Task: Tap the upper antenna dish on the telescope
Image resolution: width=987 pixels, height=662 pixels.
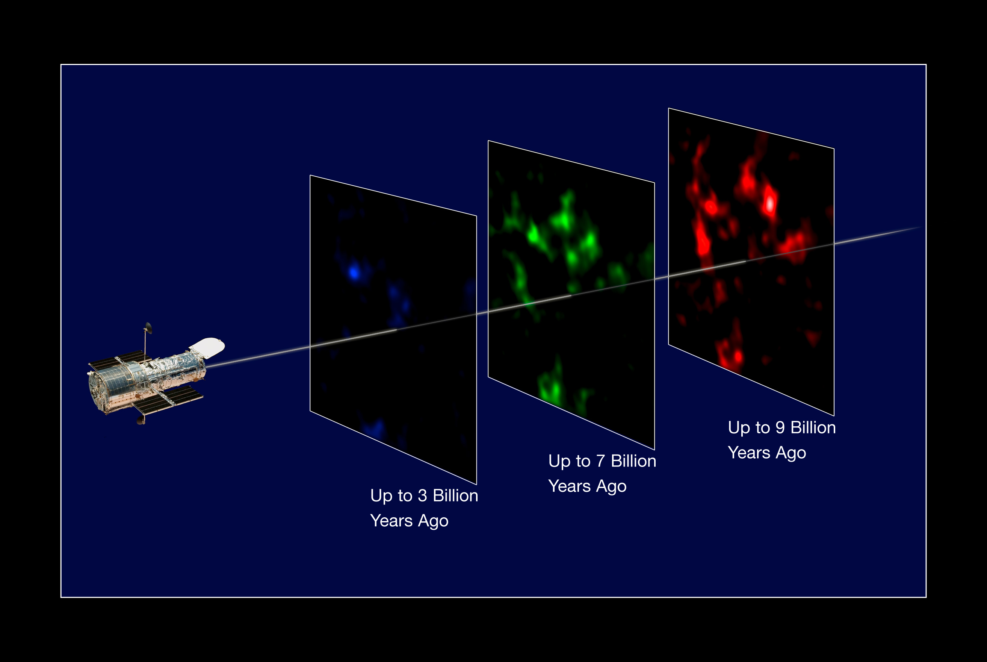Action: point(148,328)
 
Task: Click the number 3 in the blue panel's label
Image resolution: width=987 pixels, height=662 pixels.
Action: point(422,496)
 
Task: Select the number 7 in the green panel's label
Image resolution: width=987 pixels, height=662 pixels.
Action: point(600,461)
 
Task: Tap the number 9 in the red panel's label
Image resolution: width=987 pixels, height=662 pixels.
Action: point(780,428)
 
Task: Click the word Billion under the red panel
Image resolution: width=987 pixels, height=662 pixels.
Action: point(813,428)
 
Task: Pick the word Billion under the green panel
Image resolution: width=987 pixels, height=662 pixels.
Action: point(634,461)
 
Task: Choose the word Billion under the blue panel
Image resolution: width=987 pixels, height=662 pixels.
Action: point(456,496)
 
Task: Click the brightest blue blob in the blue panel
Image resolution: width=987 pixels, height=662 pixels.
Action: point(354,273)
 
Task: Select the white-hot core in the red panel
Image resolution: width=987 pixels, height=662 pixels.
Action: point(770,203)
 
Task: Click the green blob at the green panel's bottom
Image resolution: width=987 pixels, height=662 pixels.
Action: point(551,386)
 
